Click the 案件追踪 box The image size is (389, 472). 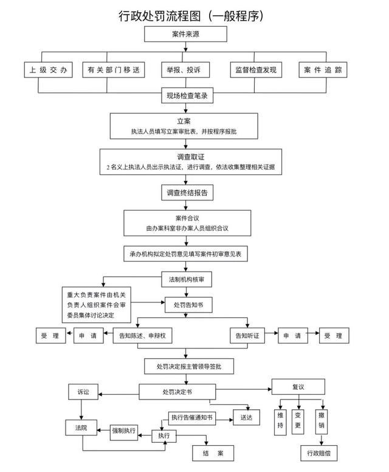pos(323,70)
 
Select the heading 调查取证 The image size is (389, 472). pos(194,157)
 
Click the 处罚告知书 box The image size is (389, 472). pos(190,305)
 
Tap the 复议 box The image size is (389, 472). pos(297,386)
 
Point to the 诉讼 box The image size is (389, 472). pos(83,392)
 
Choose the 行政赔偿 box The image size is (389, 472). pos(320,453)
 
